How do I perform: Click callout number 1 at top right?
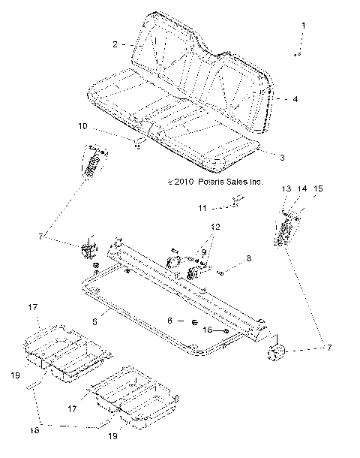pyautogui.click(x=304, y=26)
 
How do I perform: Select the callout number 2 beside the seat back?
pyautogui.click(x=115, y=45)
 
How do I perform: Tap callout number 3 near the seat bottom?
pyautogui.click(x=281, y=158)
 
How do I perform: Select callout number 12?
pyautogui.click(x=215, y=226)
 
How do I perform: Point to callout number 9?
pyautogui.click(x=203, y=252)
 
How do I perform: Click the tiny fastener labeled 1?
pyautogui.click(x=297, y=54)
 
